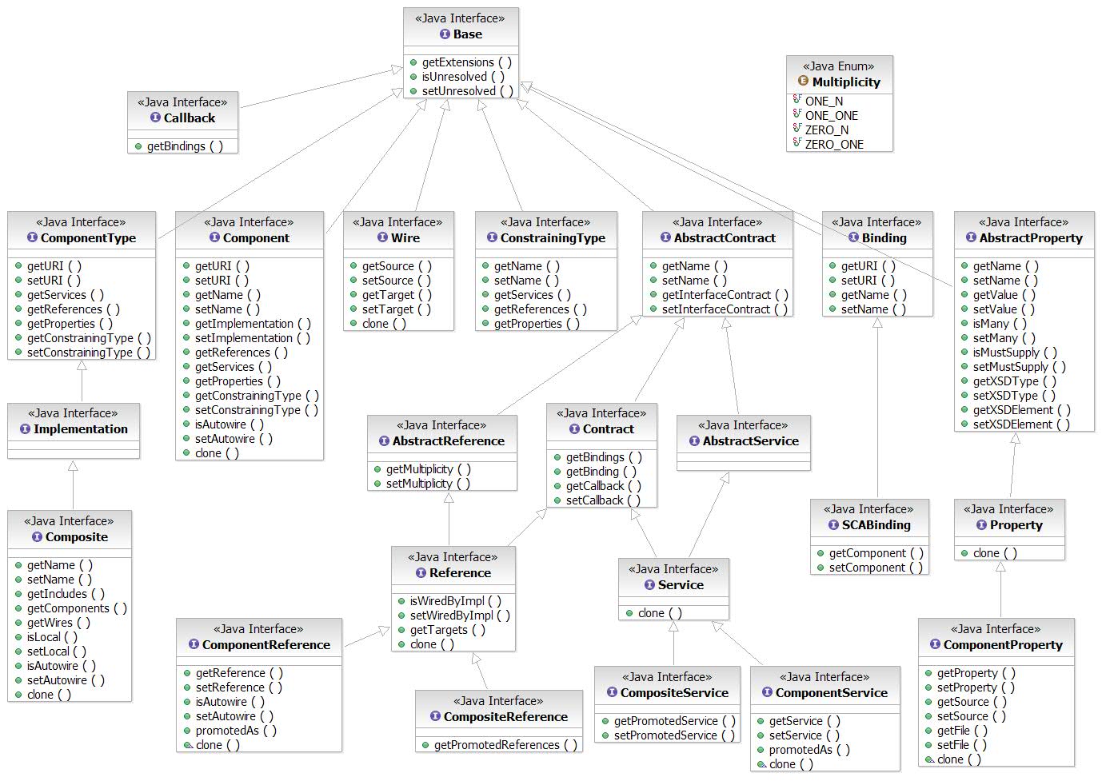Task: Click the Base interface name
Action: tap(467, 34)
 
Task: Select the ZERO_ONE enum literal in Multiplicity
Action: tap(834, 145)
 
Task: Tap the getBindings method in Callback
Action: tap(185, 146)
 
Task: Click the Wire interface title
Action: tap(405, 238)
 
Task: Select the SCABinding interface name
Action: tap(876, 525)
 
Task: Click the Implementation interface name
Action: tap(80, 429)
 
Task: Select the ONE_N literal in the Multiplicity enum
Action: tap(824, 102)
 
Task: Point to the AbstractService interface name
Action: tap(750, 441)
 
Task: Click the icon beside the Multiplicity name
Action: tap(803, 82)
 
